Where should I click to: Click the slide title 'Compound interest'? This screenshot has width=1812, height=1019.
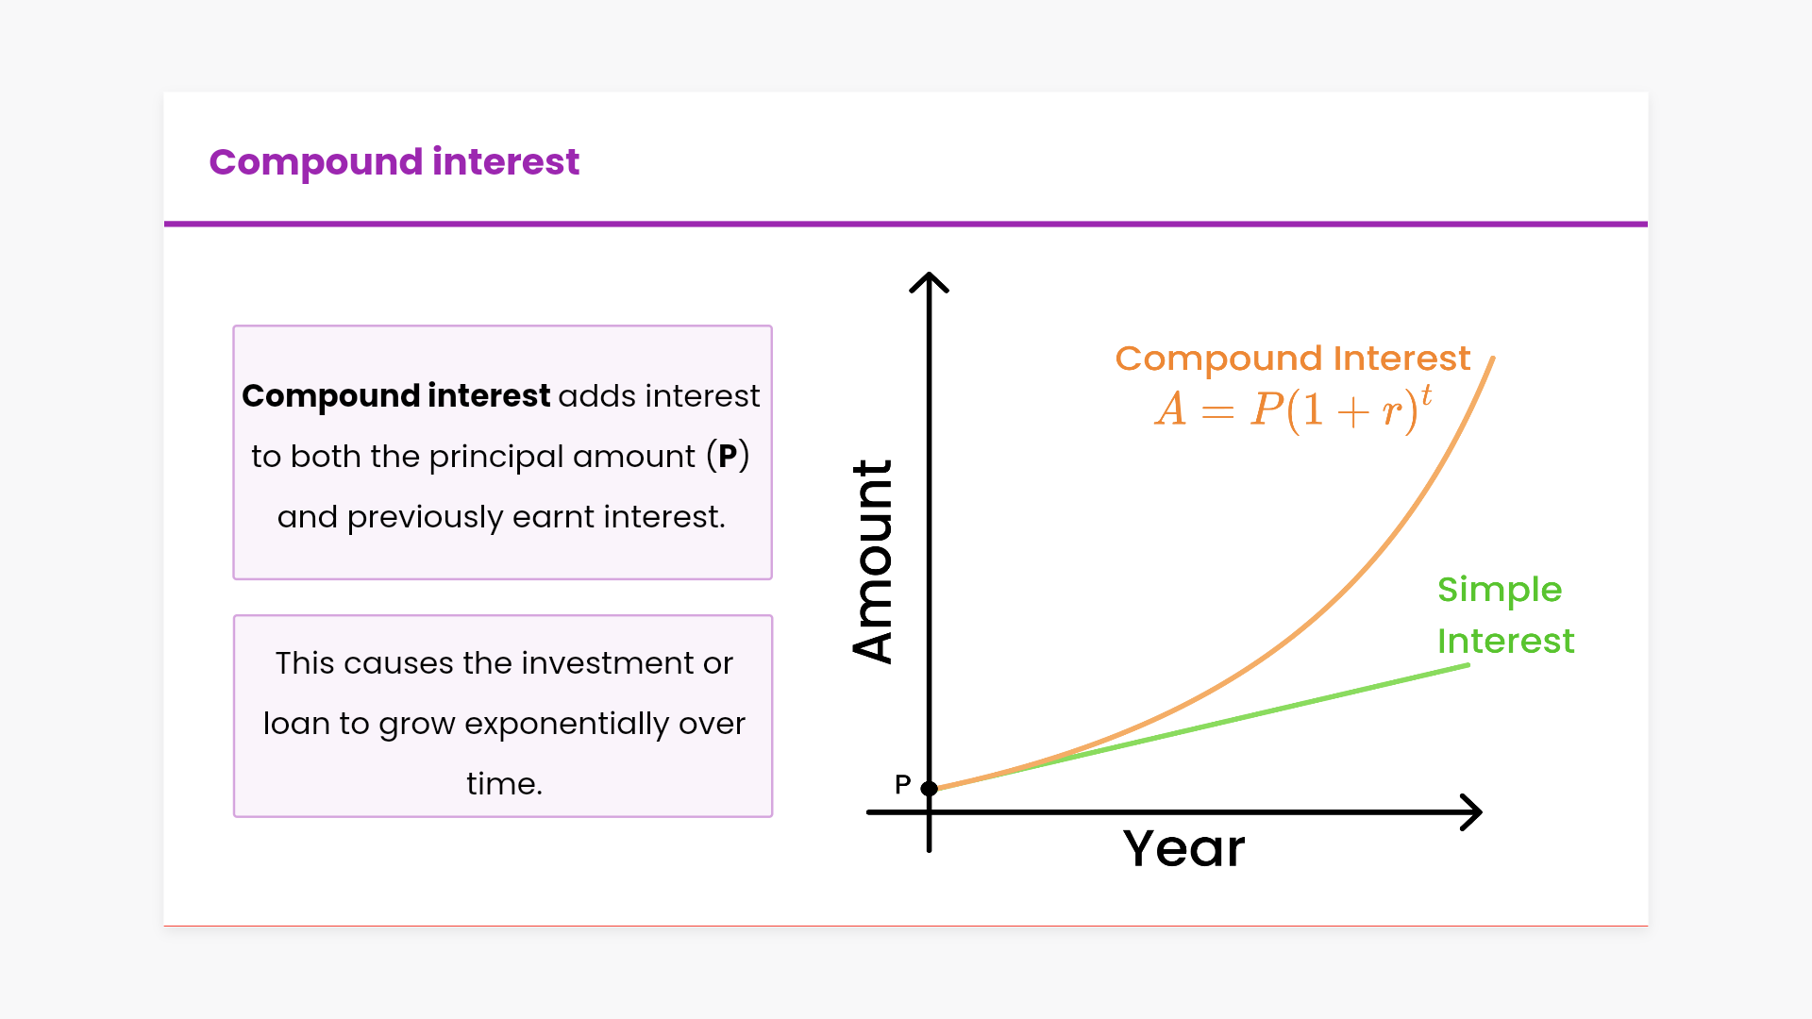click(394, 162)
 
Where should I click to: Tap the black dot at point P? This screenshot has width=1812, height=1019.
click(930, 788)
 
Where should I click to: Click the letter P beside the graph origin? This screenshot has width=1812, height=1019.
click(903, 784)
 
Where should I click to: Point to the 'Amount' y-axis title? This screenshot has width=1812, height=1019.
click(872, 561)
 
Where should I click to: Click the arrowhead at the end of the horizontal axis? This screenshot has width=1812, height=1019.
click(1471, 811)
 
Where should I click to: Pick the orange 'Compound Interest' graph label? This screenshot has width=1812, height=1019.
click(1293, 359)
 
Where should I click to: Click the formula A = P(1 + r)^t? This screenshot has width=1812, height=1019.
click(1294, 409)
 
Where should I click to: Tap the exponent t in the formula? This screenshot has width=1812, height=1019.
click(1426, 394)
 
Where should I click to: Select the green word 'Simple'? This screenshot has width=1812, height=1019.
click(1500, 591)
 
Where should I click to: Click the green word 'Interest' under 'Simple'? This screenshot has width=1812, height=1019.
click(1505, 642)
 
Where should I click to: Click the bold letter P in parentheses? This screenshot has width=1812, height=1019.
click(728, 456)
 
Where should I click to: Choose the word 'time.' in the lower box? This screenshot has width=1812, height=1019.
click(504, 784)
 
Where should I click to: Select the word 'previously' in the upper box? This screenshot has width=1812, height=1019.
click(425, 517)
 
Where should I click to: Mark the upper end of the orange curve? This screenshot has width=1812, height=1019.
click(1493, 358)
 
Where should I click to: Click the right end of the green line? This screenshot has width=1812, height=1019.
click(1468, 665)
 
